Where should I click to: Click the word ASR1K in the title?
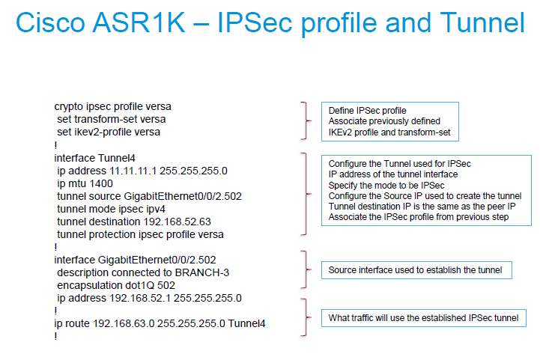[139, 22]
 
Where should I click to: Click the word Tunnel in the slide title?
[482, 22]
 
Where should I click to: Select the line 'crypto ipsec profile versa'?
[112, 107]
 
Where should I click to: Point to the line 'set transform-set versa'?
[112, 120]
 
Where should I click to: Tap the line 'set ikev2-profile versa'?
[109, 132]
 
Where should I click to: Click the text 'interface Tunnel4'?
[94, 158]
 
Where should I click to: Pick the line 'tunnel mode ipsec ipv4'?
[111, 209]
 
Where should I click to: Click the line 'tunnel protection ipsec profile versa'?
[140, 234]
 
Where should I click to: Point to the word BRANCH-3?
[201, 272]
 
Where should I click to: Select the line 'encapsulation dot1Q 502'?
[116, 285]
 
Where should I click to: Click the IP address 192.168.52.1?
[140, 298]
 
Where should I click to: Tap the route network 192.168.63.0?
[124, 323]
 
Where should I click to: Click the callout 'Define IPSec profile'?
[367, 111]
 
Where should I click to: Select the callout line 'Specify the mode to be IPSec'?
[386, 185]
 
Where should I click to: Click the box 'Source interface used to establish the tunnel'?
[416, 270]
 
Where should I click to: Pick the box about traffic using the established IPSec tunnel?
[423, 318]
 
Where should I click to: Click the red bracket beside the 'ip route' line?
[306, 317]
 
